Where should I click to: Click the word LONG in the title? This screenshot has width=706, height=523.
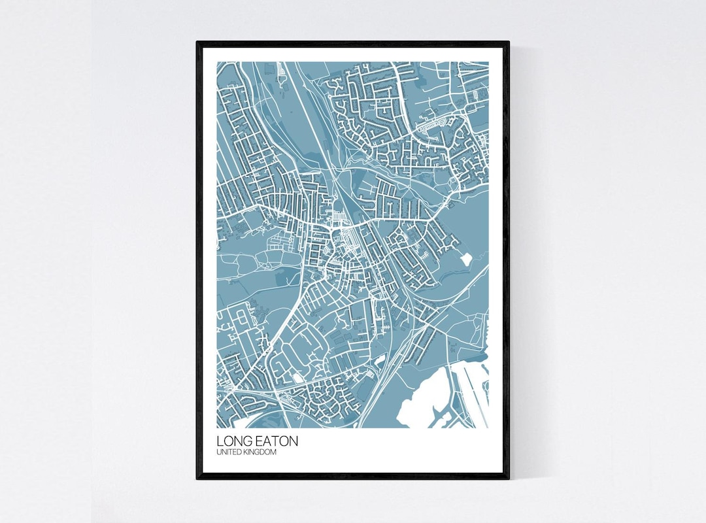(x=232, y=441)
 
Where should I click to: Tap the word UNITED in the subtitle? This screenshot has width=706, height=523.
(x=229, y=452)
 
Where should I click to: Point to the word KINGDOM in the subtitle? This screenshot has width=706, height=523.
(x=261, y=452)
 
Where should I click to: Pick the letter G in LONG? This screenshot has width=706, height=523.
(x=246, y=441)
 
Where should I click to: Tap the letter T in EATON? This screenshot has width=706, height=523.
(x=277, y=441)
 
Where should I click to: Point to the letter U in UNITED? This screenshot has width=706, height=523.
(x=219, y=452)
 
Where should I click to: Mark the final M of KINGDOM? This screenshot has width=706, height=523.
(x=274, y=452)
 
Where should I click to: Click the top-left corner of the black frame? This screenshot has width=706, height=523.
(x=197, y=42)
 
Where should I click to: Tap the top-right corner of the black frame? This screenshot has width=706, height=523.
(x=508, y=42)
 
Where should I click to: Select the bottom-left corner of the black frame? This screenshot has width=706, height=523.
(x=197, y=478)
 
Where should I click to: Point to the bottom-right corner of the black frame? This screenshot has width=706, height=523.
(x=508, y=478)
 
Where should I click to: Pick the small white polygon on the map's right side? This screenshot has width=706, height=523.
(x=465, y=259)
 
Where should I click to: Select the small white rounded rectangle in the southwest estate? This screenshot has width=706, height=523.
(x=298, y=377)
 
